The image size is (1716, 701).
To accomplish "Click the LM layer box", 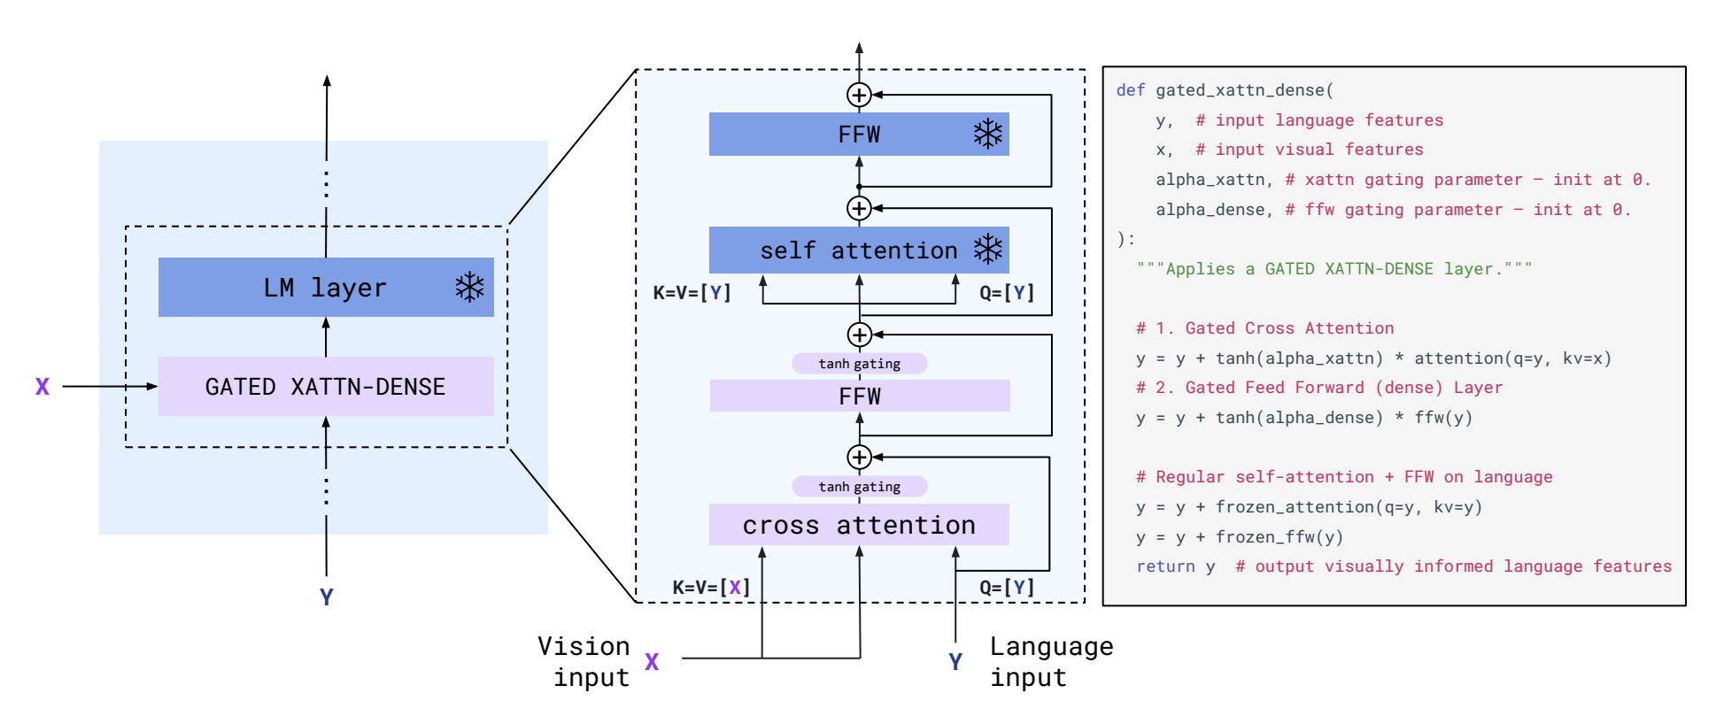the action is (x=326, y=288).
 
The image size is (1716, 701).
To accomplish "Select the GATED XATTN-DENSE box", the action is (x=326, y=387).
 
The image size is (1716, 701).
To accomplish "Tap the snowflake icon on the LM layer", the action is (x=469, y=288).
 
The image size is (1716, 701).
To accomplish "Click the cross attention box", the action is (x=859, y=525).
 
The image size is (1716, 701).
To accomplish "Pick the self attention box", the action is (x=859, y=250).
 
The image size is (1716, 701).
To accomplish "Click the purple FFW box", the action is (x=860, y=396).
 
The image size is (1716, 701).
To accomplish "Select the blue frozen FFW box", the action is (x=859, y=135).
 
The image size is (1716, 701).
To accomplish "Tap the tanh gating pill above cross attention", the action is (x=860, y=487).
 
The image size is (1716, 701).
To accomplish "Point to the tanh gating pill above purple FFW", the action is (x=860, y=364).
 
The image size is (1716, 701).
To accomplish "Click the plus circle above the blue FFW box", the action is (x=859, y=95).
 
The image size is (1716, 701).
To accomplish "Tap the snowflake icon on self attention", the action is (x=988, y=250).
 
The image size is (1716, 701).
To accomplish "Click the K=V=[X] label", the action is (x=711, y=587).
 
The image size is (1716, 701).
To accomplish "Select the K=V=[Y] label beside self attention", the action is (x=692, y=293).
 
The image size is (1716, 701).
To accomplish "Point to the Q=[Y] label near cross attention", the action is (x=1007, y=587).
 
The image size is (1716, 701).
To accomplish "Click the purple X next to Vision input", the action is (x=652, y=662).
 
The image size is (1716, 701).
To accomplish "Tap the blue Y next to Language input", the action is (x=955, y=662).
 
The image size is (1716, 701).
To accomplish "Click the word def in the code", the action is (x=1131, y=90).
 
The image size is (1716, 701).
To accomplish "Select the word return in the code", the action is (x=1165, y=566).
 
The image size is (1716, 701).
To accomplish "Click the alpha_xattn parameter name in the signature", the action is (x=1210, y=180).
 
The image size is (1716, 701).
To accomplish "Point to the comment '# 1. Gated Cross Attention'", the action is (x=1265, y=328).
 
